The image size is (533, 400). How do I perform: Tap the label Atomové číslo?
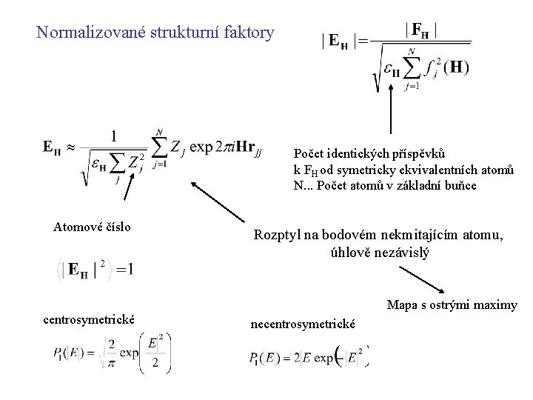coord(93,227)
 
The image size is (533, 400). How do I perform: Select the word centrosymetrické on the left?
coord(89,320)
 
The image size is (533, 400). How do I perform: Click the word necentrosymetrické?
coord(304,324)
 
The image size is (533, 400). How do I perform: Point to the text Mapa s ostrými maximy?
coord(452,305)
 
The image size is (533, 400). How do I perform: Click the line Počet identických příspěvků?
coord(369,153)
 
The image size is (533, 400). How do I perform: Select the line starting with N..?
coord(385,185)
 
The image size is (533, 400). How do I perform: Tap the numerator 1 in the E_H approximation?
coord(114,136)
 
